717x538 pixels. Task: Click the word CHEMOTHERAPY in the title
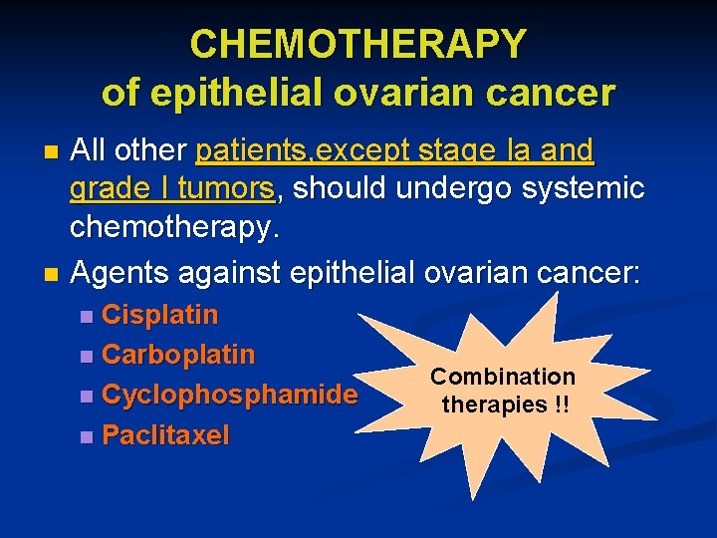[358, 44]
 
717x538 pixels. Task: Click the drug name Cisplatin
[159, 315]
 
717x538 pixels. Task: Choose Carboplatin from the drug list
[178, 355]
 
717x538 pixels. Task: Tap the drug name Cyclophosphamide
[229, 395]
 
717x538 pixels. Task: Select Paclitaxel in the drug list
[165, 434]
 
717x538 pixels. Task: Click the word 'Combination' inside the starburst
[503, 377]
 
